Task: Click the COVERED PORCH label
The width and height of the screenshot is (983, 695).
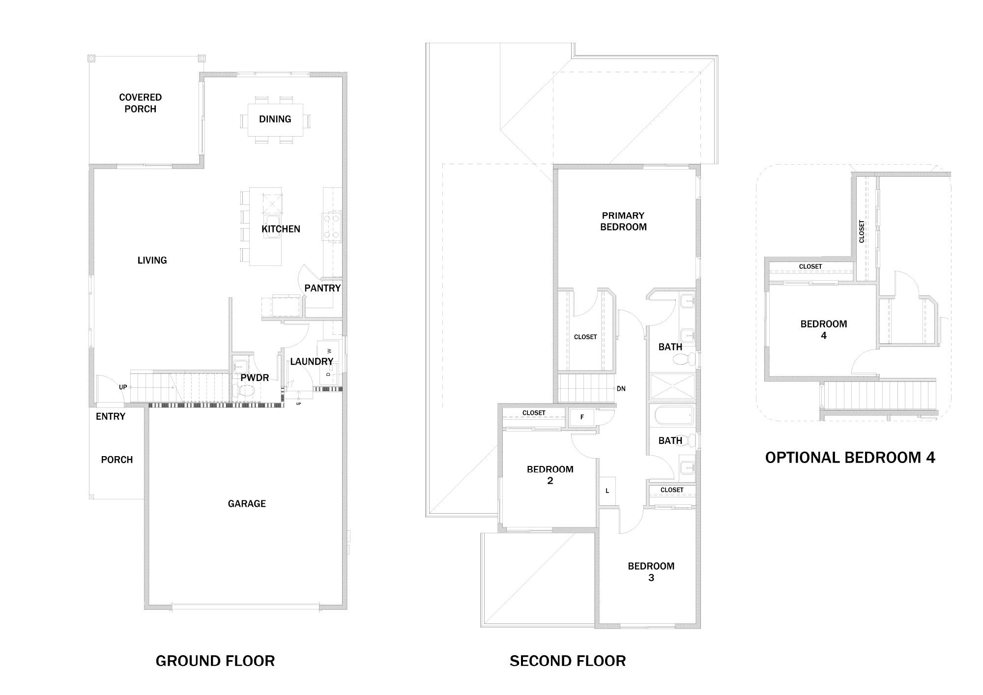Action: click(140, 103)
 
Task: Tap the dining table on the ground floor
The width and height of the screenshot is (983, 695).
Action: click(275, 119)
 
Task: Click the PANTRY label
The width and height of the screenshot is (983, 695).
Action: click(322, 288)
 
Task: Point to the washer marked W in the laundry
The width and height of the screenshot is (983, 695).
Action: click(330, 350)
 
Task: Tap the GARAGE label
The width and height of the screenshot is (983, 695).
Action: click(247, 503)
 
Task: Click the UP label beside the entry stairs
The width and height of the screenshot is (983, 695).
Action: click(123, 387)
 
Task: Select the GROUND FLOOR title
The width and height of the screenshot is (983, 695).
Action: click(215, 661)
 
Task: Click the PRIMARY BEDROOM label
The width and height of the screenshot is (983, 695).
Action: click(623, 221)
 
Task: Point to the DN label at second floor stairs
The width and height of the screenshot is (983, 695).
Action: click(621, 388)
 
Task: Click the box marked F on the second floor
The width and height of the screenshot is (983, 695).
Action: click(582, 417)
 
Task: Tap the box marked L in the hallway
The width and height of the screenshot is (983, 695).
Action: click(607, 491)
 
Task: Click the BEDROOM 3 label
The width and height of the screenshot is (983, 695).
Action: click(651, 572)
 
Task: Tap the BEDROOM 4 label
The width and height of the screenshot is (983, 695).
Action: click(824, 329)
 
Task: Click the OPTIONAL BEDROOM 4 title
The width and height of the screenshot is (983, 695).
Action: click(850, 458)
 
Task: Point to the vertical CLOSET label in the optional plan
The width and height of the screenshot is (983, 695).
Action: click(862, 231)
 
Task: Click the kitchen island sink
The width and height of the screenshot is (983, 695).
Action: click(271, 227)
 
